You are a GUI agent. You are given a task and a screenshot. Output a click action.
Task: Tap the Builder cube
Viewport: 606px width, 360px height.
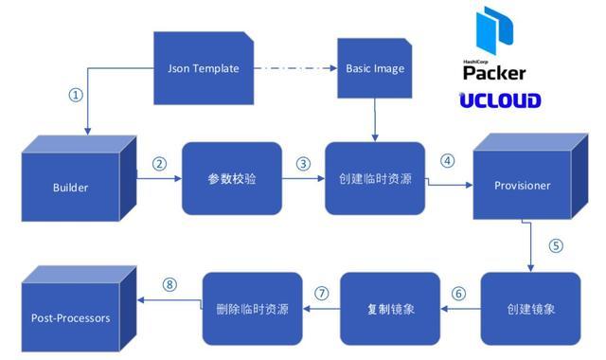click(x=71, y=187)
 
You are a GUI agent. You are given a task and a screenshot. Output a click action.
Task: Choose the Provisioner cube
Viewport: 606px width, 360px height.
click(x=522, y=184)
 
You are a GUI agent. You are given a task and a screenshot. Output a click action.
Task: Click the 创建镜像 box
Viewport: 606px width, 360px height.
click(x=529, y=310)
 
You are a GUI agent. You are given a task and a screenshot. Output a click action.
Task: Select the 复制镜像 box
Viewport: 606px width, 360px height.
click(x=390, y=310)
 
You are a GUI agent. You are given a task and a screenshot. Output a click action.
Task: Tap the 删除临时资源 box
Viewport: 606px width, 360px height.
click(x=252, y=310)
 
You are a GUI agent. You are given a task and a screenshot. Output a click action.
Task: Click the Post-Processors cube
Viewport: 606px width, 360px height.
click(x=70, y=316)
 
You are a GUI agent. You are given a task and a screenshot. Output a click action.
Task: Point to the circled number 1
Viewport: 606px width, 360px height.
click(x=77, y=95)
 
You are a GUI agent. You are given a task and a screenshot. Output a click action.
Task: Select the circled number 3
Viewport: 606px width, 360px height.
click(x=303, y=163)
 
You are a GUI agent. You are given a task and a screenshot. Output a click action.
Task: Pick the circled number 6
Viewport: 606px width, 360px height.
click(x=459, y=294)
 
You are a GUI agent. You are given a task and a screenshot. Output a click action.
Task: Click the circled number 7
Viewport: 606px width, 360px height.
click(x=321, y=294)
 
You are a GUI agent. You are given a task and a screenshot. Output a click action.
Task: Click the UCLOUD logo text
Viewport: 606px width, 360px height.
click(x=500, y=100)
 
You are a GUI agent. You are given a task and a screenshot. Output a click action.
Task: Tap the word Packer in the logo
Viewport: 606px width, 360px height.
click(x=494, y=73)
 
